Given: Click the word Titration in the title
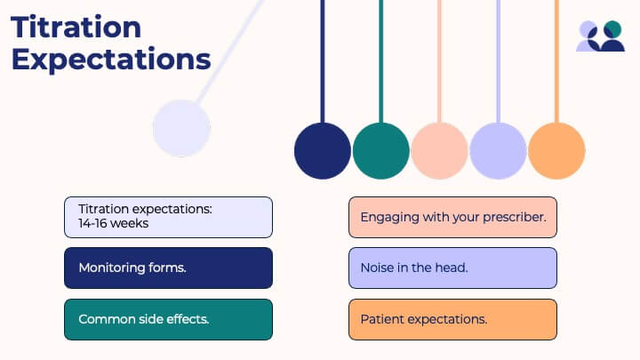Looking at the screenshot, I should (x=76, y=27).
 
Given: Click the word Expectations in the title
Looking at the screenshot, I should (x=110, y=60).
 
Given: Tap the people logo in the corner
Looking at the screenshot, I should (x=601, y=36).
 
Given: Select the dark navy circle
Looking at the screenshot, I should (x=323, y=150).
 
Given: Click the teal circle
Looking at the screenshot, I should (x=381, y=150).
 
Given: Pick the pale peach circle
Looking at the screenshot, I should (x=439, y=150).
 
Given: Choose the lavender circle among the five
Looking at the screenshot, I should (x=498, y=150).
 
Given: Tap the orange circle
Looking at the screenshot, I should (x=556, y=150).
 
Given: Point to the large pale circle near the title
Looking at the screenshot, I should (x=181, y=129).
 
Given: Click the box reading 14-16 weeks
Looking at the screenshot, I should (x=168, y=217).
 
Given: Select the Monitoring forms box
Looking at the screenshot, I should (x=168, y=268).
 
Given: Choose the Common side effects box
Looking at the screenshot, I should (x=168, y=319).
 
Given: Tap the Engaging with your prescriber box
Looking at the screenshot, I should (x=452, y=217).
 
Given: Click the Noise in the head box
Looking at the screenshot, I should (x=452, y=268).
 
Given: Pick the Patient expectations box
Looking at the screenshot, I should (x=452, y=319).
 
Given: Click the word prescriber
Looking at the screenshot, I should (x=515, y=217).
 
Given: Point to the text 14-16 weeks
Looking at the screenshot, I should (x=113, y=223).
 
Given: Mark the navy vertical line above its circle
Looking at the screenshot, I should (x=323, y=62).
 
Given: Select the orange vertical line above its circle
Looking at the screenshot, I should (x=556, y=62).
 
